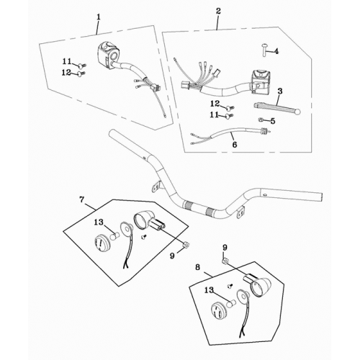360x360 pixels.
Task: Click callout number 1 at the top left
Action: click(99, 16)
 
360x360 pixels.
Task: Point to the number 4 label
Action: click(275, 52)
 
